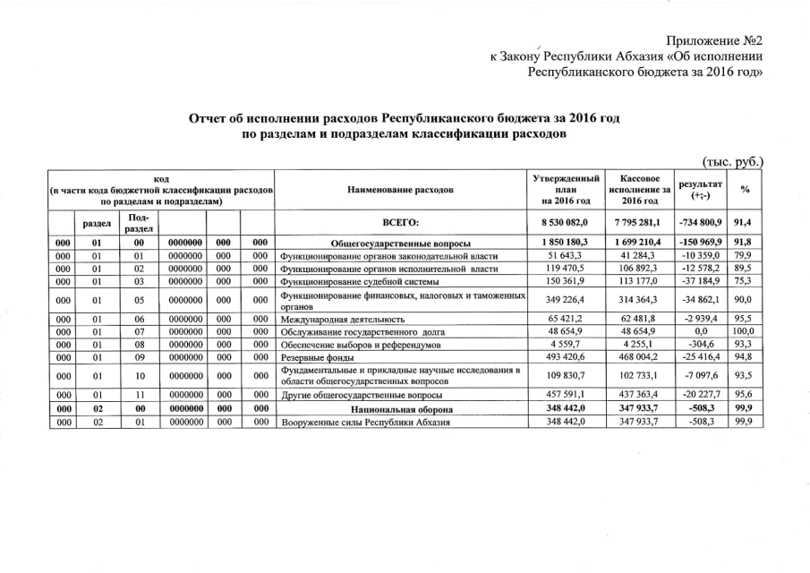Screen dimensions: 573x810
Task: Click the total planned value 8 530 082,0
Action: click(569, 223)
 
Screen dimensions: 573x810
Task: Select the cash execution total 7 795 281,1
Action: click(639, 223)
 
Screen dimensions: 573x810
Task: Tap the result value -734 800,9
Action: click(700, 223)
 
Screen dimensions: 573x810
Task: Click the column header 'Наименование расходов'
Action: click(400, 190)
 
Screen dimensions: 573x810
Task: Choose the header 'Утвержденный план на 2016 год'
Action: click(569, 190)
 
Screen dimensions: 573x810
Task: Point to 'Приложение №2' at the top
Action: click(717, 41)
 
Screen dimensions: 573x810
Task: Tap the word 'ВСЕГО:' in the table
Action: click(400, 223)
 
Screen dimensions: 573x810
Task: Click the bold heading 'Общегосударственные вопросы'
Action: click(400, 243)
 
